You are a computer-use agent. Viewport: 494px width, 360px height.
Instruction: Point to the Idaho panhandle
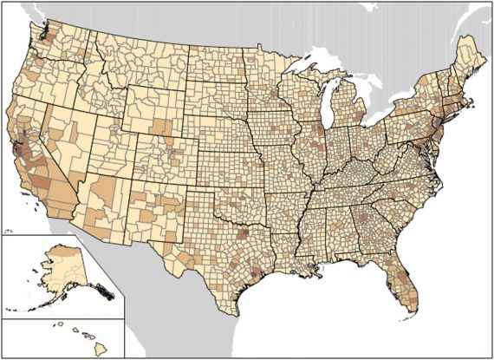[x=81, y=48]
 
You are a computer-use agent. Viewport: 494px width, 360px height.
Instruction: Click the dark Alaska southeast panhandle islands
[x=103, y=291]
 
